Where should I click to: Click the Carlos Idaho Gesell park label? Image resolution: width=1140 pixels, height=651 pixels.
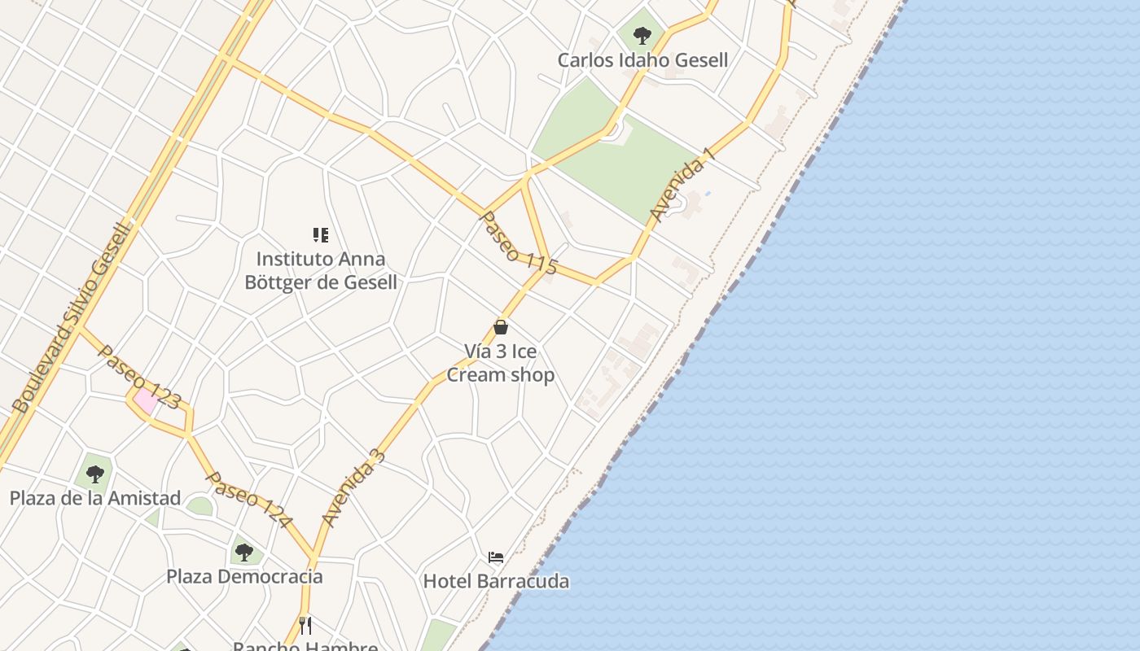point(642,60)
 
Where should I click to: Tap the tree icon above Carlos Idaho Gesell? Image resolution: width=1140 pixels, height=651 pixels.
point(642,36)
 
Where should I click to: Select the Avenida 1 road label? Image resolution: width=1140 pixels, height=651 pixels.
point(682,185)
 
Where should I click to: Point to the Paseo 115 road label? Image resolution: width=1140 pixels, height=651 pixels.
point(519,242)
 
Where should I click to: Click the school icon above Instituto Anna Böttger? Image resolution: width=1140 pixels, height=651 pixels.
point(321,235)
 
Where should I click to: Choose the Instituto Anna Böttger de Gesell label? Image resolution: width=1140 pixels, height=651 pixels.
point(322,270)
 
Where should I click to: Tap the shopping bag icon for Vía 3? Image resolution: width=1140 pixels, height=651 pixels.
point(501,327)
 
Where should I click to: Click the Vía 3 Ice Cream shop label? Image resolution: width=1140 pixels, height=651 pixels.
point(501,363)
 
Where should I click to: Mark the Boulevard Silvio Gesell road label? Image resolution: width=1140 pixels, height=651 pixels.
point(72,317)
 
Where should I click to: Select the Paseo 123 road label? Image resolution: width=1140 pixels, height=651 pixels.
point(138,375)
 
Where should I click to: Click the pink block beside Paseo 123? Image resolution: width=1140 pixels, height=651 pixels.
point(146,400)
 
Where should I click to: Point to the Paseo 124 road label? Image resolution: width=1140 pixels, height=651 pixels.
point(248,499)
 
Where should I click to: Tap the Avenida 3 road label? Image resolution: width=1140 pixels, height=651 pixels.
point(353,487)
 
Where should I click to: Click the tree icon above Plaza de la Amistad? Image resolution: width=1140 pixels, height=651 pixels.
point(95,474)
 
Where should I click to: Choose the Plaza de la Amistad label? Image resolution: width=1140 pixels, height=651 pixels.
point(95,498)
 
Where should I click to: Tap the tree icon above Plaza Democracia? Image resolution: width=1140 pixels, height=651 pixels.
point(244,553)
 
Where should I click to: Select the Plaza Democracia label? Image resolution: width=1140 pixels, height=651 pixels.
point(244,577)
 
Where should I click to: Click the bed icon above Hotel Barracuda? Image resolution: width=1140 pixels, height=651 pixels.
point(496,557)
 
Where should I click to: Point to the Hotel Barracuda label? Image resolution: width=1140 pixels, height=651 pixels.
point(496,581)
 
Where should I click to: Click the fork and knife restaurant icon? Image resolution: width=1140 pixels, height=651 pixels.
point(305,625)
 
